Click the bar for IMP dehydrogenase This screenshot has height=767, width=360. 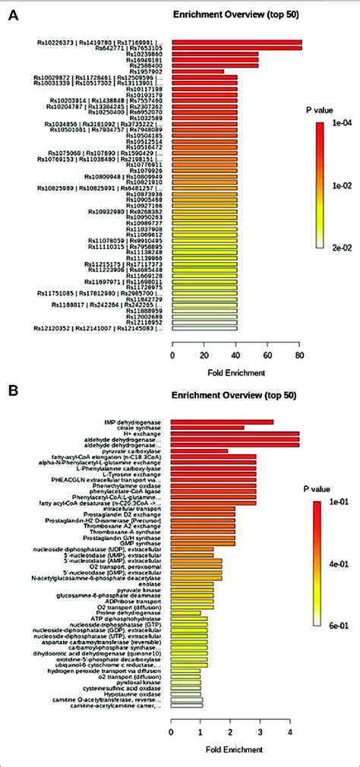point(222,421)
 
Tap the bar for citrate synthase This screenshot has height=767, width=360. point(207,428)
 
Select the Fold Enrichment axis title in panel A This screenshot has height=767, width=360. point(236,373)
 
